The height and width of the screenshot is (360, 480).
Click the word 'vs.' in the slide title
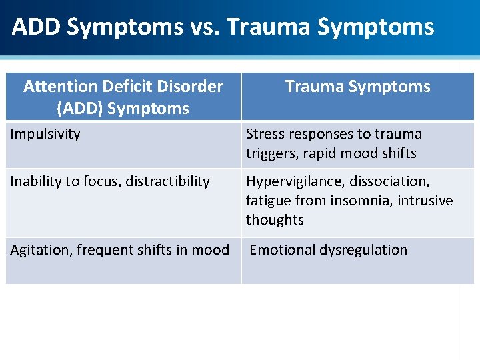tap(205, 27)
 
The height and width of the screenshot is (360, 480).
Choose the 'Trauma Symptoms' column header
tap(358, 87)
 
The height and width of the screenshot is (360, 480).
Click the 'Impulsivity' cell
tap(45, 134)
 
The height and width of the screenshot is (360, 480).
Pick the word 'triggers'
tap(271, 153)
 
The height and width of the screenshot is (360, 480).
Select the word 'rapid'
tap(323, 153)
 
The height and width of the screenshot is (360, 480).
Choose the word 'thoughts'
tap(275, 220)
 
